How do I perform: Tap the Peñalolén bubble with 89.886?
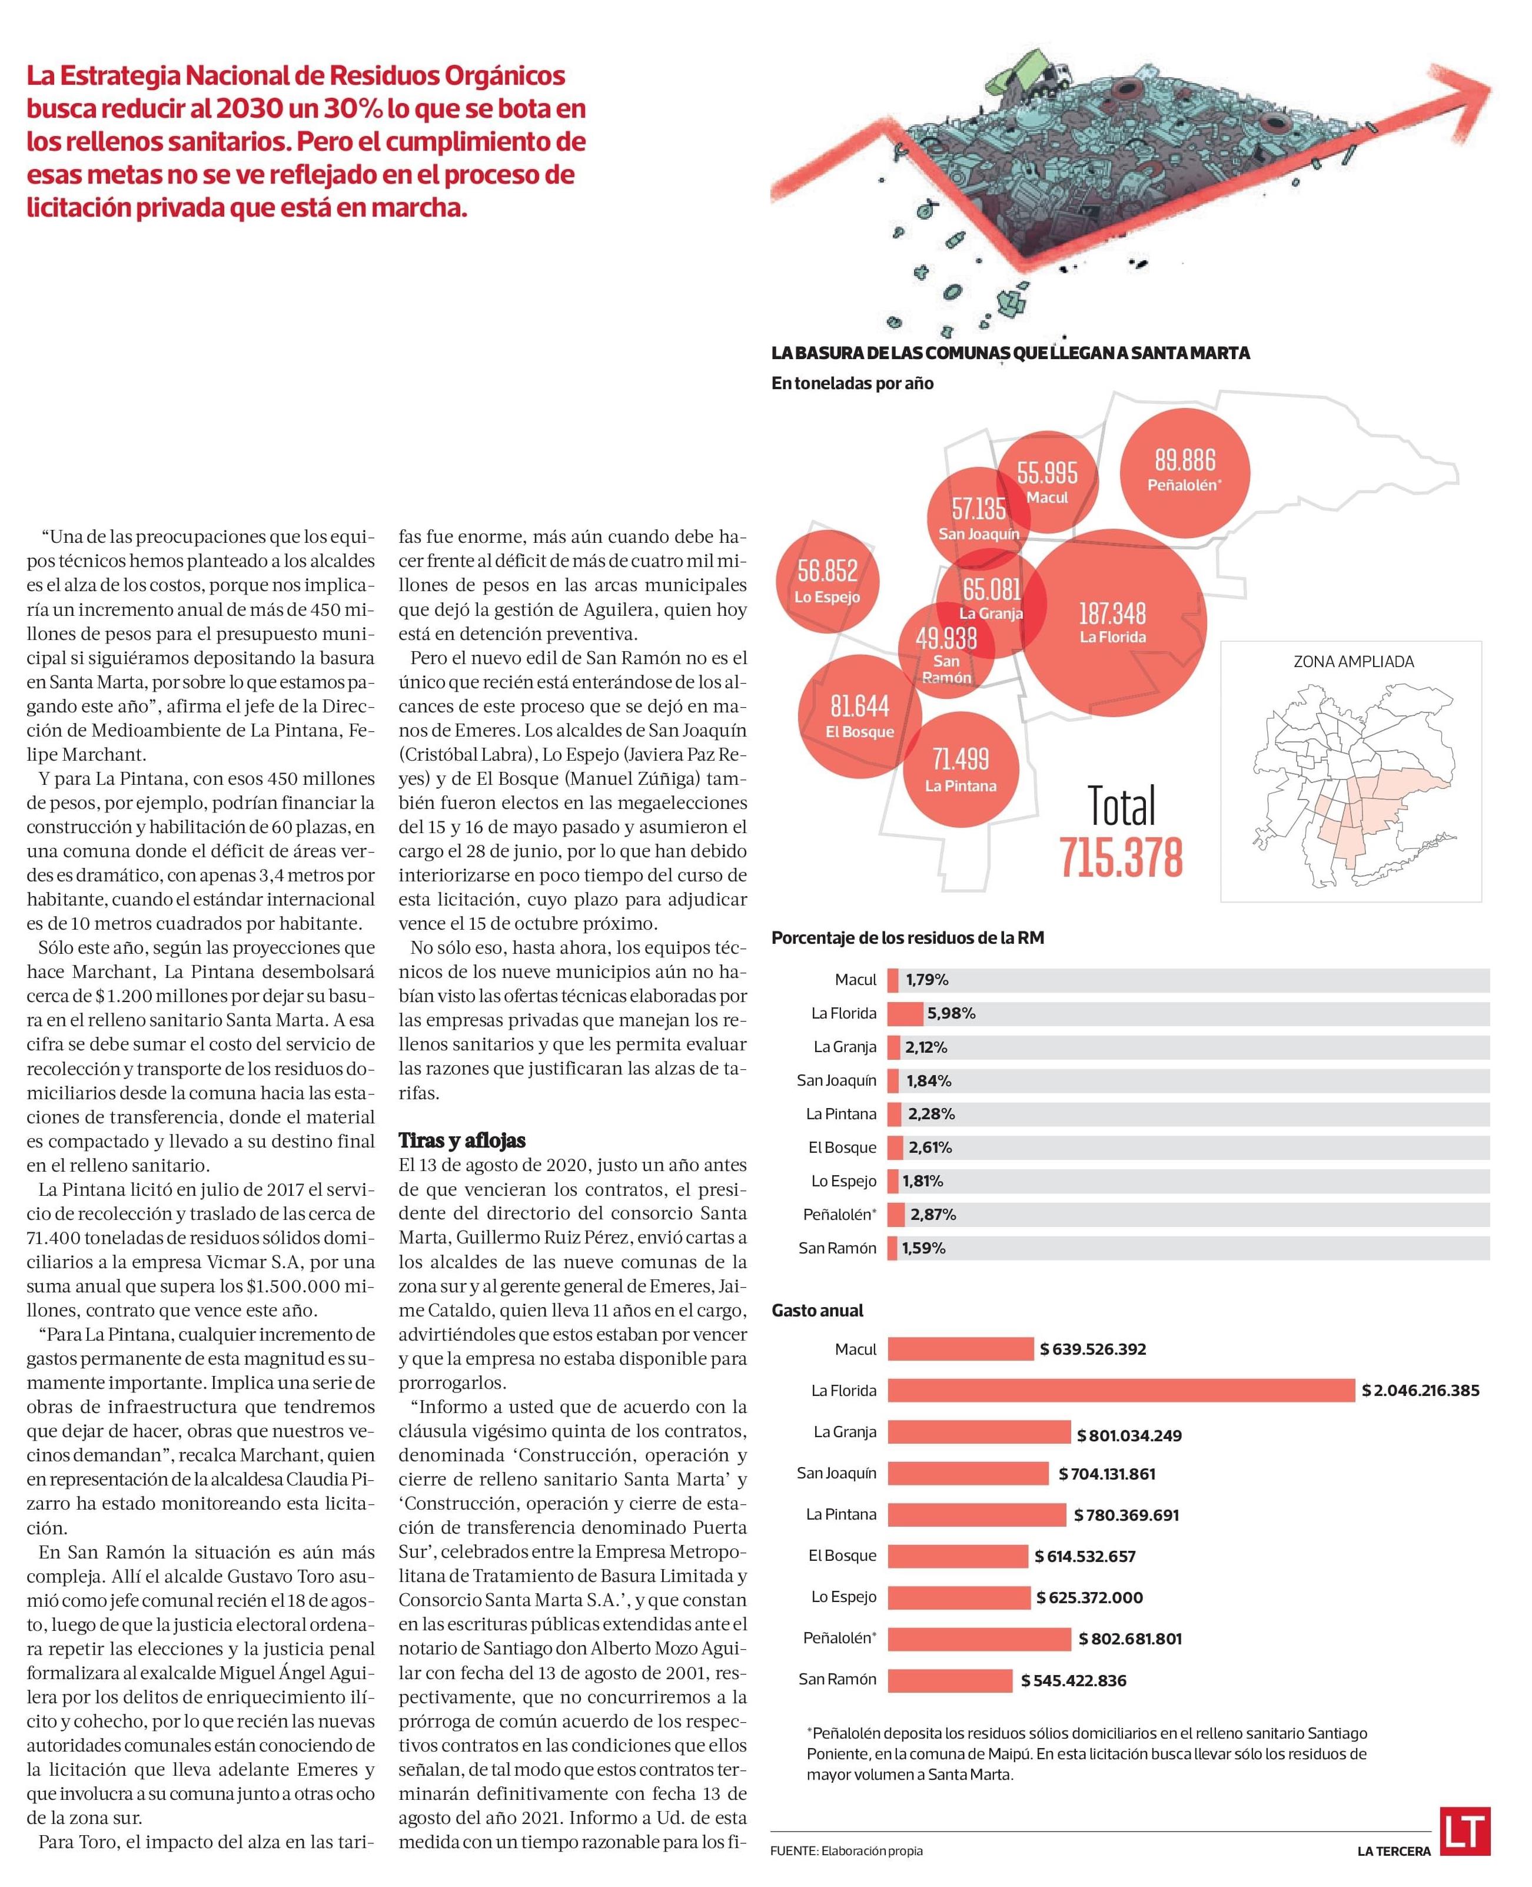click(1184, 469)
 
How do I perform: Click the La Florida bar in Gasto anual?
click(1120, 1390)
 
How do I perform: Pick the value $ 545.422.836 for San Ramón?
click(1073, 1680)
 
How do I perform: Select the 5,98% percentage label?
click(951, 1013)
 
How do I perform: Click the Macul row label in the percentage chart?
click(855, 980)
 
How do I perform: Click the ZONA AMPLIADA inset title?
click(1353, 661)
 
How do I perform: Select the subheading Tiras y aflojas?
click(463, 1140)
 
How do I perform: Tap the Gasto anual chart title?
click(817, 1311)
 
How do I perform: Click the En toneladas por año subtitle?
click(852, 383)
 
